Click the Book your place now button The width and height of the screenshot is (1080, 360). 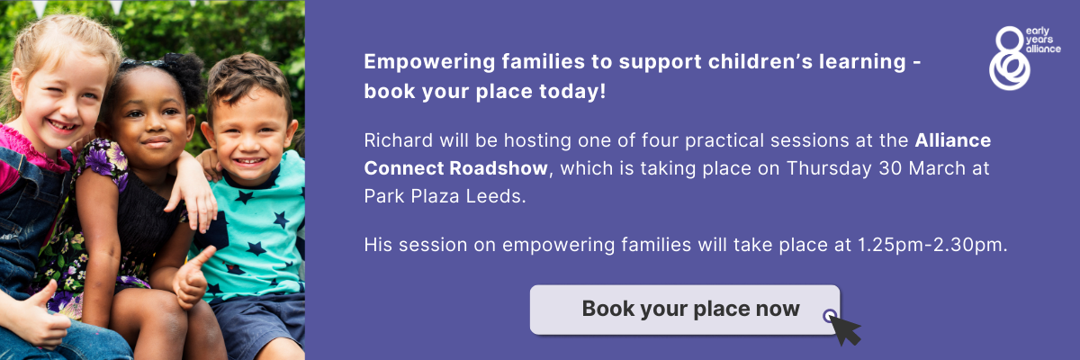[685, 310]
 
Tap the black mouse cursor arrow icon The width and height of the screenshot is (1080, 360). [845, 330]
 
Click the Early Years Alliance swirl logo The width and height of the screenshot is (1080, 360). [1010, 58]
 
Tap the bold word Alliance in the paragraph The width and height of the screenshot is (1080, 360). [953, 140]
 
